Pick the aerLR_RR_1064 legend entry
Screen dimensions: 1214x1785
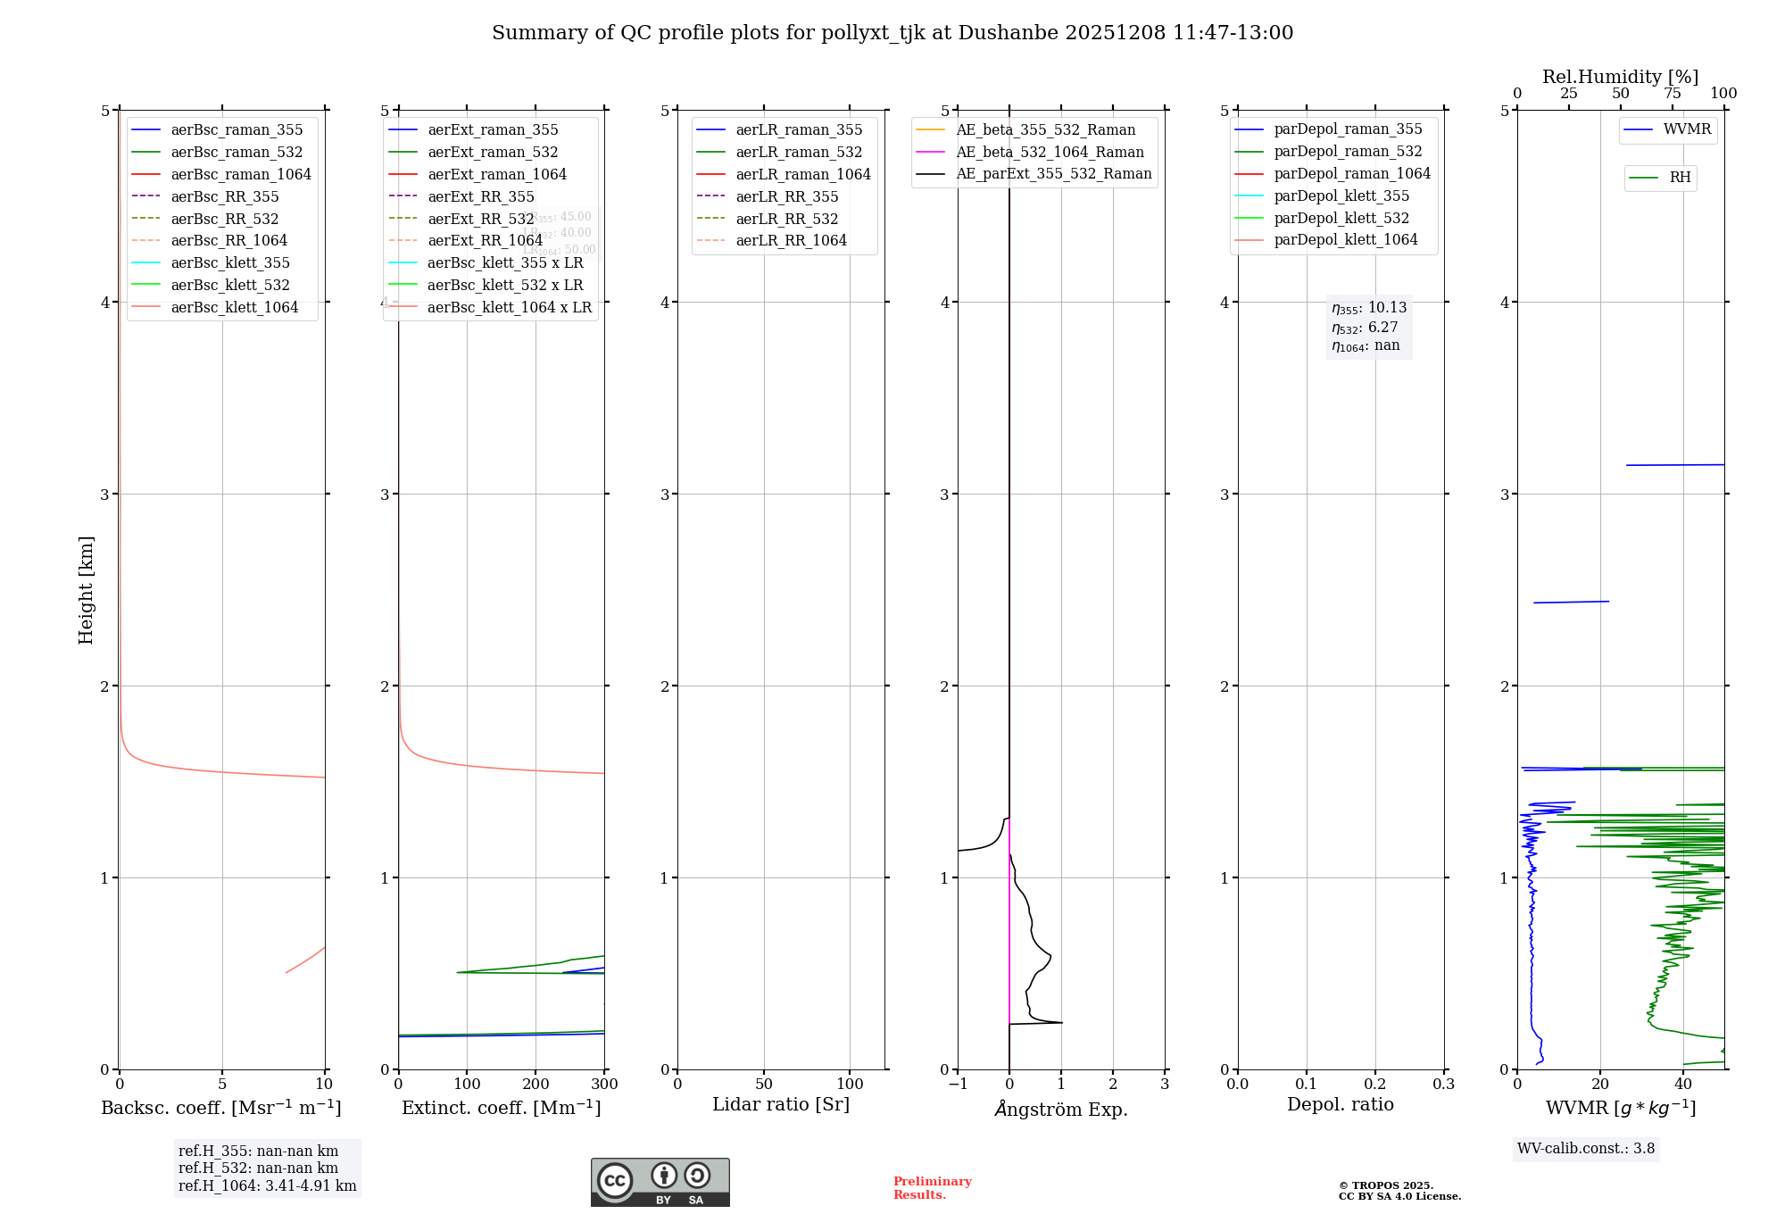(791, 240)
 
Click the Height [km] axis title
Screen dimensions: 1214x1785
(86, 590)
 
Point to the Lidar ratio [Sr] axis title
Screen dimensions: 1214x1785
(781, 1104)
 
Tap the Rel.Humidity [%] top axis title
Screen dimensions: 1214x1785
(1620, 77)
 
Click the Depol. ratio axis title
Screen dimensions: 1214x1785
(1340, 1104)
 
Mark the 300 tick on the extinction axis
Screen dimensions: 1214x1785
(604, 1085)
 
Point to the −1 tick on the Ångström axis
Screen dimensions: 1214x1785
(958, 1085)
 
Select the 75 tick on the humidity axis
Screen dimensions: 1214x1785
(1673, 94)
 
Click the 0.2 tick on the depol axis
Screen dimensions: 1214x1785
(1375, 1085)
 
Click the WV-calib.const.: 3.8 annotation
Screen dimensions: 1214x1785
(1586, 1149)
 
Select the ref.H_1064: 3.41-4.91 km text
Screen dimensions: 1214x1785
(267, 1186)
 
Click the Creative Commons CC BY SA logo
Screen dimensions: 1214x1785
(660, 1183)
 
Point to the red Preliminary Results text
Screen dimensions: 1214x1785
(932, 1188)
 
